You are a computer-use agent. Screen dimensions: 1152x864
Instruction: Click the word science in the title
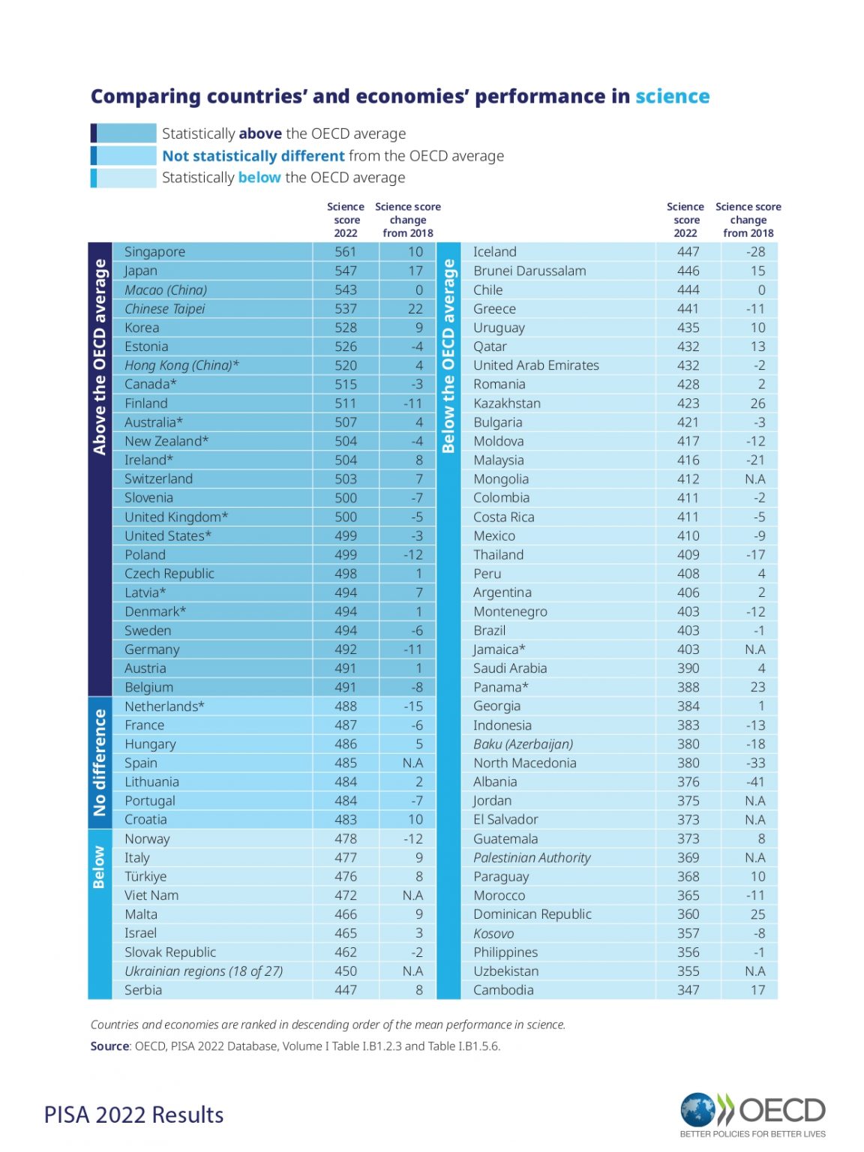672,97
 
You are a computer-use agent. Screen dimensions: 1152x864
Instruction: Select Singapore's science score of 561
346,252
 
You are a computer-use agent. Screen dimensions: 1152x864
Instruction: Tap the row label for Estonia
146,346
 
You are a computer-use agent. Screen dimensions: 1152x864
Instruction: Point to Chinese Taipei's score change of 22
415,309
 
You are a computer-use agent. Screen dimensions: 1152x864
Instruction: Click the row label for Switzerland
158,478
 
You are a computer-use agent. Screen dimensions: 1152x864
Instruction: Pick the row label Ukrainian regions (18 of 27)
203,971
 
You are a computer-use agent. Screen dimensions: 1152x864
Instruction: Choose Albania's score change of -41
755,781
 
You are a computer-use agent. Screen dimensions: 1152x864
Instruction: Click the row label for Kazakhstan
506,403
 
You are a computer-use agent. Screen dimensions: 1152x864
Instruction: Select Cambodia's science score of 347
688,990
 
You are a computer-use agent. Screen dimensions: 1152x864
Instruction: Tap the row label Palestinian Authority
532,858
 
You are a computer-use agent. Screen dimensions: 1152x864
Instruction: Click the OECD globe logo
697,1110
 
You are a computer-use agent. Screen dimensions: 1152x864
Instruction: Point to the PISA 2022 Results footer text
133,1115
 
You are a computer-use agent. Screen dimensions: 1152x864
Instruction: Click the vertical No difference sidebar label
99,763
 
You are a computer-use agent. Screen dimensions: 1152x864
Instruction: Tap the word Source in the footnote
109,1046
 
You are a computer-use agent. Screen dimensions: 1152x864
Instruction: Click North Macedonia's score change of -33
755,763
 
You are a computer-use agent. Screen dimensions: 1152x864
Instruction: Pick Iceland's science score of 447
688,252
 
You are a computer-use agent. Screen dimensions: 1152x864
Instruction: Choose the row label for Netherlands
164,706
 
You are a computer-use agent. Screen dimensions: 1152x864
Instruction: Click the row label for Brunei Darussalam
529,271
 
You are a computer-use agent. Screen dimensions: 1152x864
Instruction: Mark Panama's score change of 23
757,687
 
